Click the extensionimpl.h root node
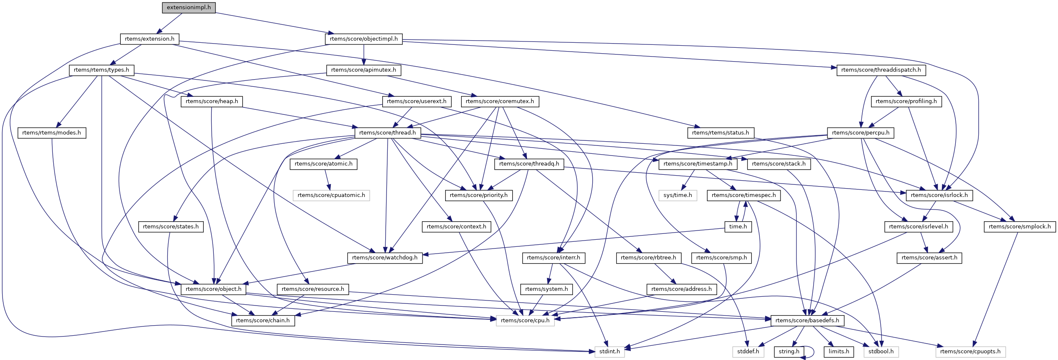[189, 8]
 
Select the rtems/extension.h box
[150, 39]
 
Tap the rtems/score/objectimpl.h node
[363, 39]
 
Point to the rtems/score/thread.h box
[387, 133]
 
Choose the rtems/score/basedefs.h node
[807, 321]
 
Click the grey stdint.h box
[609, 352]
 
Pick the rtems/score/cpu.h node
[525, 321]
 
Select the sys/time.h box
[678, 195]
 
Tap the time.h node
[738, 227]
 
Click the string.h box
[789, 352]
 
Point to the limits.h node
[839, 352]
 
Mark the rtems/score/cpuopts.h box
[970, 352]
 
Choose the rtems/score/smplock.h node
[1019, 227]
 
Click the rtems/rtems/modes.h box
[52, 133]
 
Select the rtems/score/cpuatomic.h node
[331, 195]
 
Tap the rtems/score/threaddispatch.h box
[881, 70]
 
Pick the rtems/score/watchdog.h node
[385, 258]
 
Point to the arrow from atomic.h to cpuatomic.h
[328, 180]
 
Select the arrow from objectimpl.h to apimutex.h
[363, 54]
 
